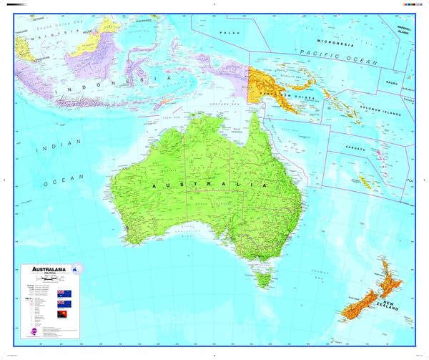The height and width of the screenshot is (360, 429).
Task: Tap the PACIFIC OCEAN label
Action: tap(338, 57)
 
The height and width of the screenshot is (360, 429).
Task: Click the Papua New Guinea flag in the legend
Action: tap(63, 314)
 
